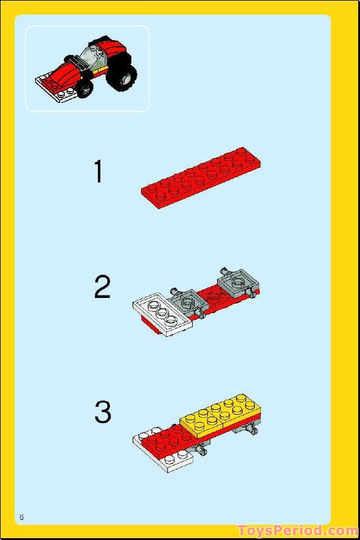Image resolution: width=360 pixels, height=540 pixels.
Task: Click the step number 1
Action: click(x=98, y=172)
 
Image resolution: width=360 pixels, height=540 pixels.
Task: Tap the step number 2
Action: click(x=102, y=287)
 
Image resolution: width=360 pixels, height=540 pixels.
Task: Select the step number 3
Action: click(x=103, y=412)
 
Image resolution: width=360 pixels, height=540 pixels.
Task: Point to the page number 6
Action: click(x=21, y=517)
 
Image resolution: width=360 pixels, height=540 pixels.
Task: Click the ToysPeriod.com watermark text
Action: click(x=297, y=531)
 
